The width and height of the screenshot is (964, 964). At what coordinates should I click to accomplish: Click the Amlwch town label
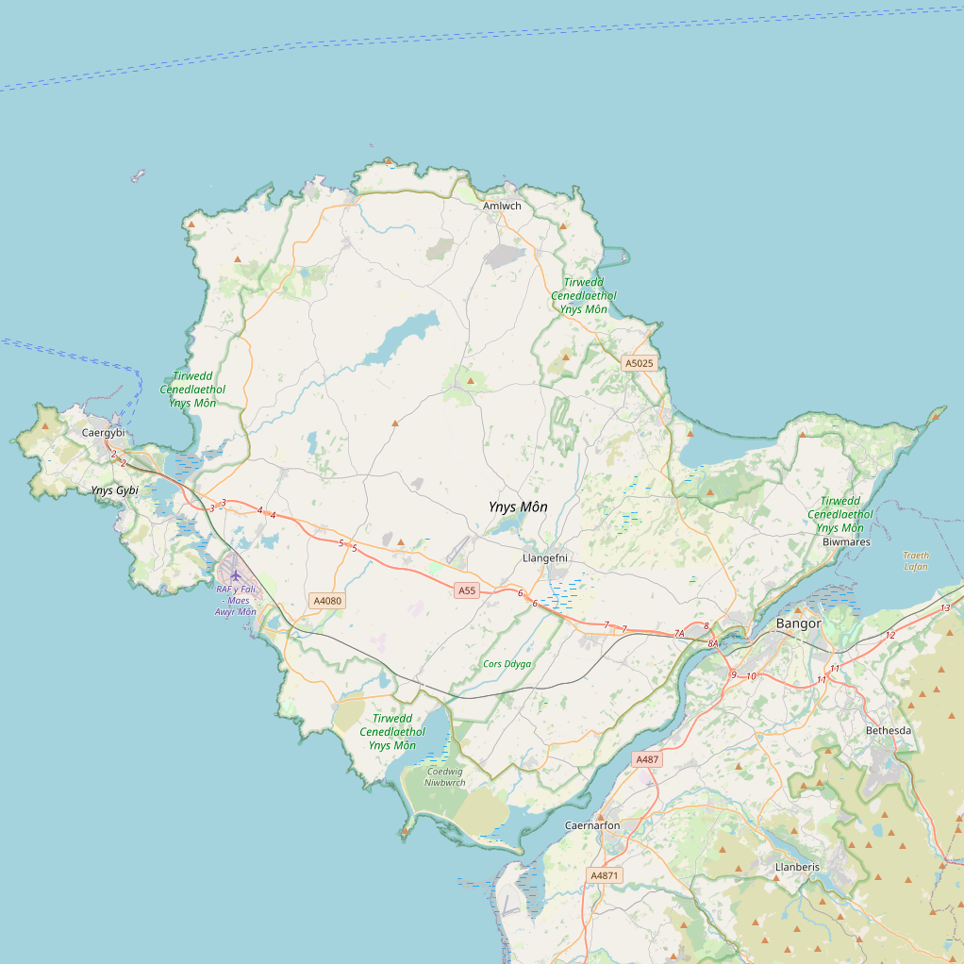tap(502, 206)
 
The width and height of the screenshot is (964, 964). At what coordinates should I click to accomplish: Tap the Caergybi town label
tap(103, 433)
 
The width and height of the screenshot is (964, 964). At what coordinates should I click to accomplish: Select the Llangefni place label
tap(544, 558)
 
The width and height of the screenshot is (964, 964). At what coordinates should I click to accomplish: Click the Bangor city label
tap(798, 624)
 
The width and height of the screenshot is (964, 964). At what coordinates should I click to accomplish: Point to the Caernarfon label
tap(592, 826)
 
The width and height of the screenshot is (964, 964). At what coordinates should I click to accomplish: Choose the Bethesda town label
tap(889, 731)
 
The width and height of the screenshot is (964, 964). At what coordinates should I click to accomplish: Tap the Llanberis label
tap(797, 867)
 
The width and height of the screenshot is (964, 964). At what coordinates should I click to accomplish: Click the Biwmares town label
tap(846, 542)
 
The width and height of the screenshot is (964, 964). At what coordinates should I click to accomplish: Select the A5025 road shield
tap(639, 363)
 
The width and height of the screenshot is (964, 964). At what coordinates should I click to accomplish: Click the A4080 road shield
tap(327, 601)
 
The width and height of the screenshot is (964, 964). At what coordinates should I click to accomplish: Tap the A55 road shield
tap(467, 591)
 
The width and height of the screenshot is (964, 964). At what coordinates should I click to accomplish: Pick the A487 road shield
tap(647, 759)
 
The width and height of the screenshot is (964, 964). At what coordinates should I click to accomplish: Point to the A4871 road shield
tap(605, 875)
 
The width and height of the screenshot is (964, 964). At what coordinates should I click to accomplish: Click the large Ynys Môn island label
tap(518, 507)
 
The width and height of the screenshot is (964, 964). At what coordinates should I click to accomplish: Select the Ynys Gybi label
tap(115, 490)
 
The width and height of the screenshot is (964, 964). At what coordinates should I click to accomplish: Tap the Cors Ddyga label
tap(507, 664)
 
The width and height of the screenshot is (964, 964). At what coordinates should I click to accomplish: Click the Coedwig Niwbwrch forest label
tap(445, 776)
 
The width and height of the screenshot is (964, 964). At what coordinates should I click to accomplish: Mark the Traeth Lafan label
tap(915, 561)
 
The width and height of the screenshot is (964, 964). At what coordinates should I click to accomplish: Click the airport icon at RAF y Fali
tap(235, 575)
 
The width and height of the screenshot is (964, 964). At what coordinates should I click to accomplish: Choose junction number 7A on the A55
tap(679, 633)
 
